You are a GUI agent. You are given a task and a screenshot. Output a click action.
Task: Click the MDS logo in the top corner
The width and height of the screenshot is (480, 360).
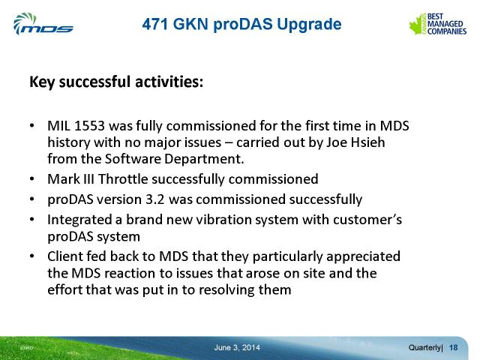(x=43, y=24)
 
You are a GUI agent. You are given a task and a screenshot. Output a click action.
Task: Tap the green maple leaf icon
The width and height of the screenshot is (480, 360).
(x=417, y=25)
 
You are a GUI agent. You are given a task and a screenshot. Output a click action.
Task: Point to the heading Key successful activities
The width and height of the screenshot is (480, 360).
(x=116, y=82)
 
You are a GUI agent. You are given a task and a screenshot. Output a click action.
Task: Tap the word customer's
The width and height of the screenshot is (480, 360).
(x=367, y=220)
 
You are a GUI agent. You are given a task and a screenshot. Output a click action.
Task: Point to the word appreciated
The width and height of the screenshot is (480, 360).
(x=363, y=256)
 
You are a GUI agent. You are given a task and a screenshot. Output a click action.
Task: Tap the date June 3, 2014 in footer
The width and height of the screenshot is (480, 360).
(x=237, y=347)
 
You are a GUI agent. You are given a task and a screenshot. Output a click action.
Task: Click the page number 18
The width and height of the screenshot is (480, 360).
(x=453, y=347)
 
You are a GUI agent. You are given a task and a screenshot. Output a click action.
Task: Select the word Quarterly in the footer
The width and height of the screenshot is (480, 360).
(x=424, y=348)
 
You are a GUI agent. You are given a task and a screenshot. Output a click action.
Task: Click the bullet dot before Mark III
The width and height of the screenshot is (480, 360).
(x=31, y=179)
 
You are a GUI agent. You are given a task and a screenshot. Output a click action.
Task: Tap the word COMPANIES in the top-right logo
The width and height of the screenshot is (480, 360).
(x=447, y=31)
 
